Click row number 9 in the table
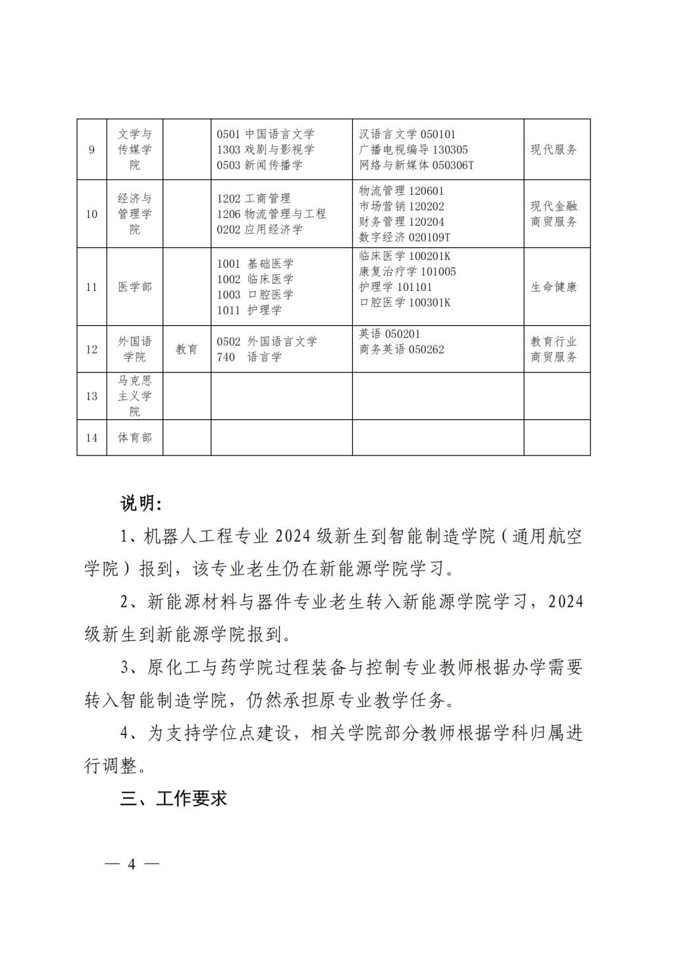(x=91, y=150)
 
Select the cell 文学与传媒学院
(x=134, y=150)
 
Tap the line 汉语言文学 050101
(x=407, y=134)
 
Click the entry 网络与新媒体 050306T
(x=417, y=165)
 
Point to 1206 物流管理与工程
(x=271, y=214)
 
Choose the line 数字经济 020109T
(x=405, y=237)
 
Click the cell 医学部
(x=134, y=287)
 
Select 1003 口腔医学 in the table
(x=255, y=295)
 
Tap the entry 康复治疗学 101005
(x=407, y=272)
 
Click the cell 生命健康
(x=554, y=287)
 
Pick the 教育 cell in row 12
(x=186, y=349)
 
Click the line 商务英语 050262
(x=402, y=349)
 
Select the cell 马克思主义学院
(x=134, y=396)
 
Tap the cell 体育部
(x=134, y=438)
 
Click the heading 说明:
(x=141, y=503)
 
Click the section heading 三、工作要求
(x=174, y=799)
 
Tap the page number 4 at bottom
(x=132, y=864)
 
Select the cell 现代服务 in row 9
(x=554, y=150)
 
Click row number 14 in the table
(x=91, y=438)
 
